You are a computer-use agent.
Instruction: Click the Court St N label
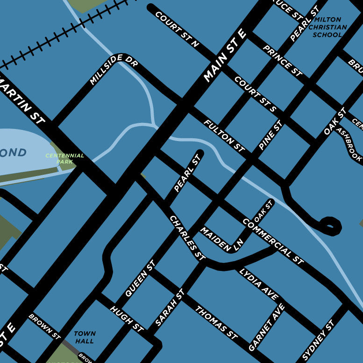[177, 29]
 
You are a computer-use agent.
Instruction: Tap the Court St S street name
[255, 94]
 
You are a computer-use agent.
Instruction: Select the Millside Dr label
[114, 69]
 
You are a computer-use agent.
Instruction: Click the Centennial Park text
[64, 158]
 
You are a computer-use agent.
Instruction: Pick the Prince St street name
[282, 61]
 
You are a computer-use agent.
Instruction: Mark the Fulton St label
[224, 135]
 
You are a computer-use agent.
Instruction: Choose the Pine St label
[270, 135]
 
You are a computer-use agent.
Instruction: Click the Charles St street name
[187, 237]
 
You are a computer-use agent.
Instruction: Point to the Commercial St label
[273, 241]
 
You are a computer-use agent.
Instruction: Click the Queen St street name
[140, 279]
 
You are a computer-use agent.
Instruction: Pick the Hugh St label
[126, 319]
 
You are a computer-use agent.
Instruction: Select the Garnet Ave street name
[266, 327]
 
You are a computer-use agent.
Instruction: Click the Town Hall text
[85, 337]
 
